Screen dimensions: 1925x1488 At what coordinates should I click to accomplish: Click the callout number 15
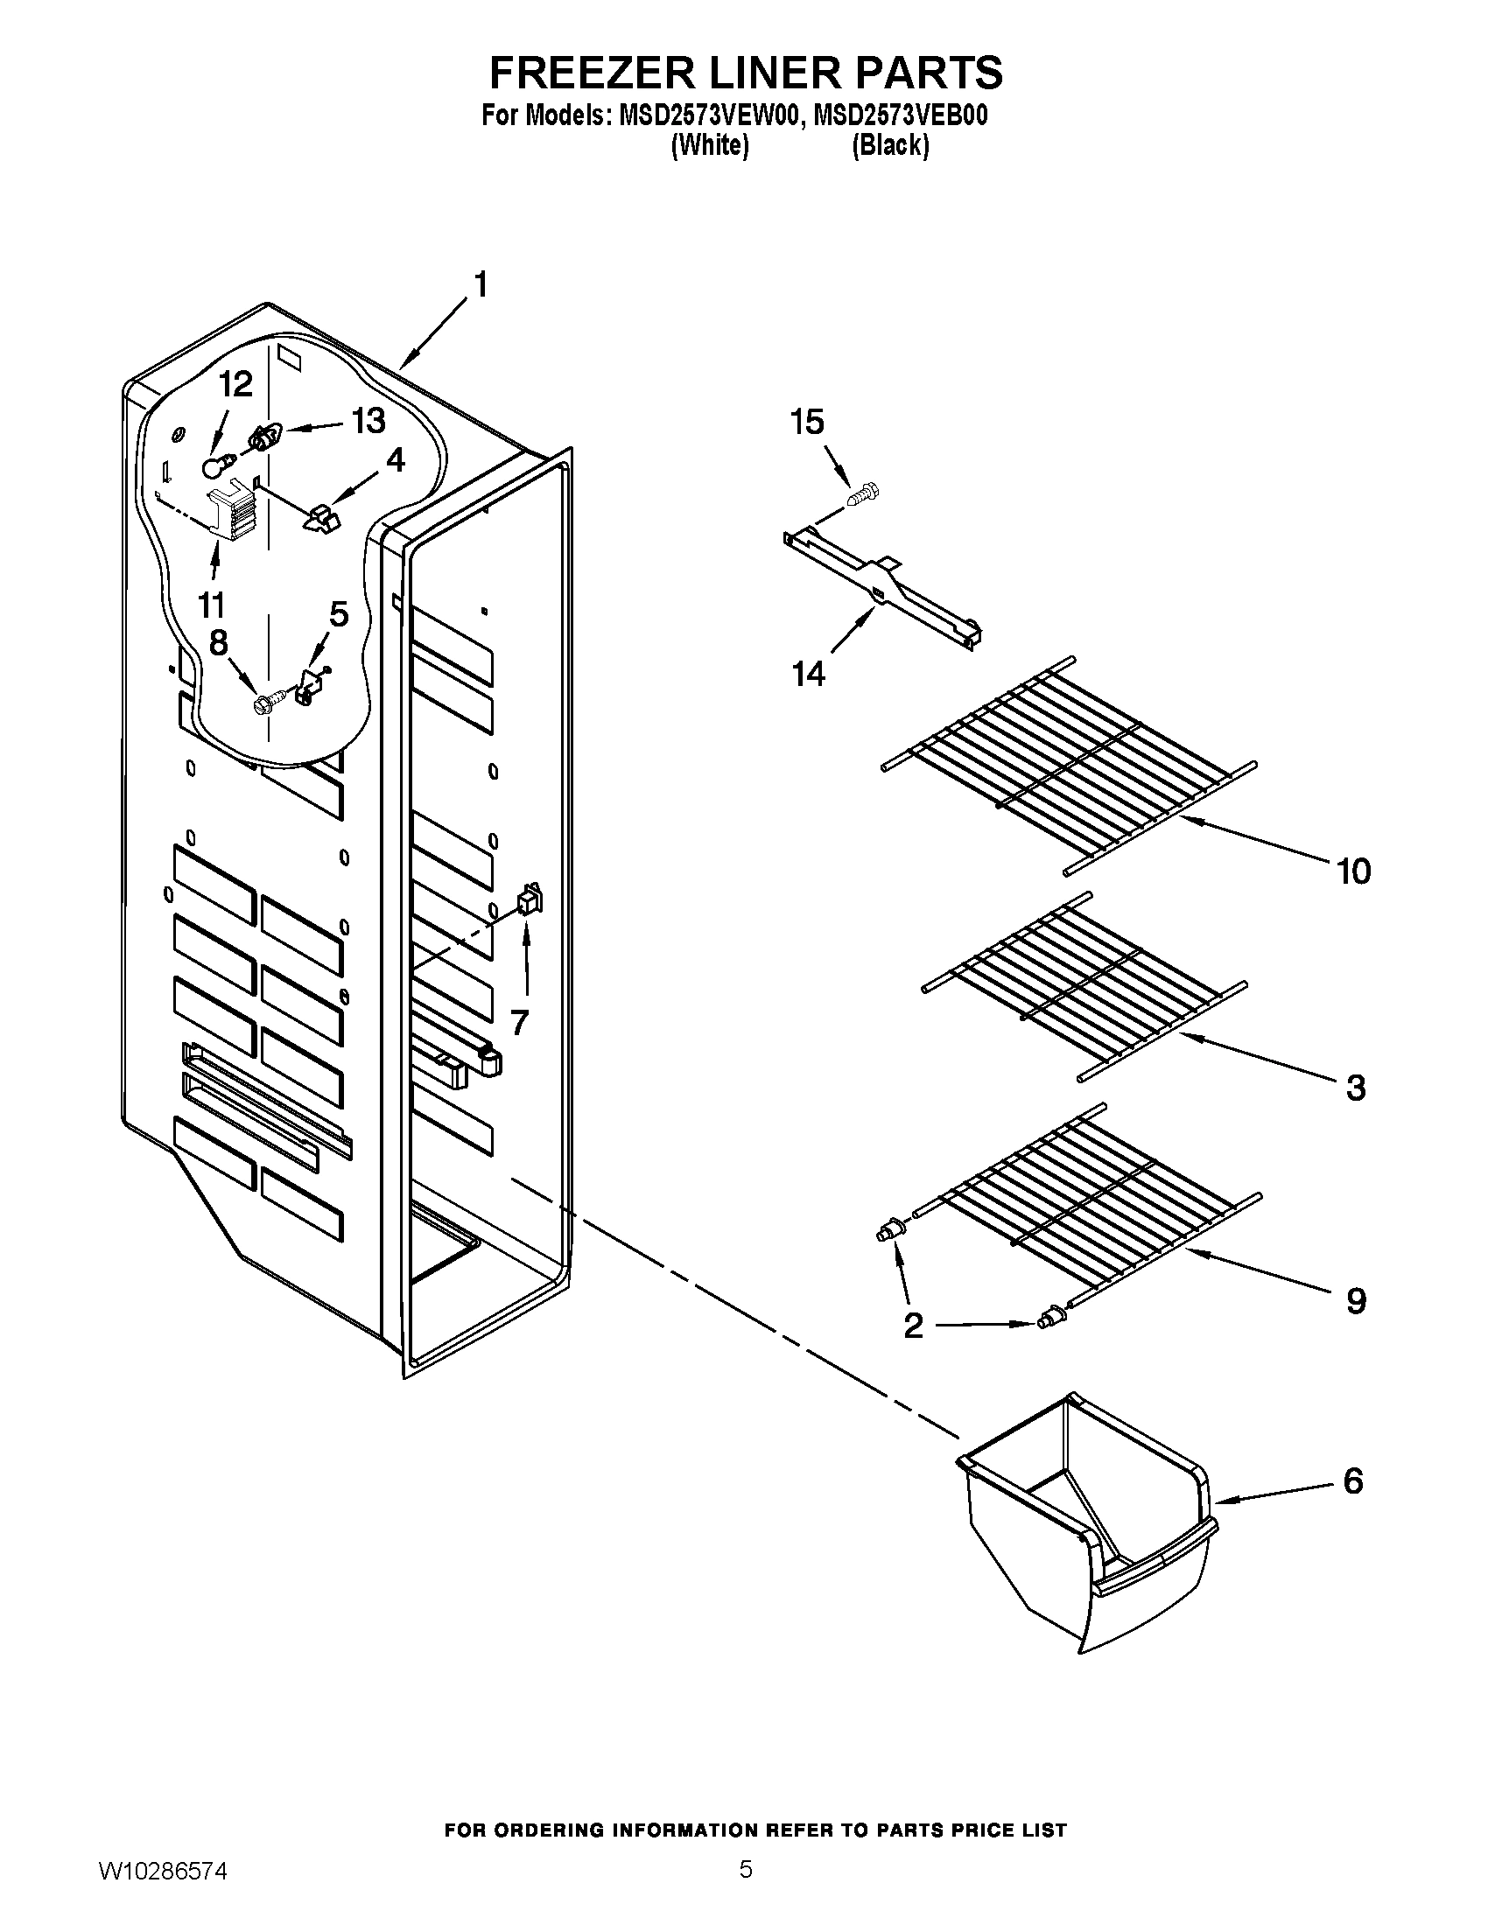(x=807, y=423)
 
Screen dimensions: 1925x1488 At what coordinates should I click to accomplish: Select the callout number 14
(x=809, y=674)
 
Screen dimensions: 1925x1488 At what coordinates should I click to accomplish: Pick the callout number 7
(x=519, y=1022)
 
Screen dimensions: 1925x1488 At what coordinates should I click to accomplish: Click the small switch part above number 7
(x=530, y=899)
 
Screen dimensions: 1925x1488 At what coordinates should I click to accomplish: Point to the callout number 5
(x=339, y=613)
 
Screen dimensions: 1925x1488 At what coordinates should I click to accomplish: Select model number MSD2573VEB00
(x=900, y=116)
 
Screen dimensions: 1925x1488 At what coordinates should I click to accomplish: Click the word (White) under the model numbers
(x=710, y=145)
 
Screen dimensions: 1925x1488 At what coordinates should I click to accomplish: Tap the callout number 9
(x=1356, y=1300)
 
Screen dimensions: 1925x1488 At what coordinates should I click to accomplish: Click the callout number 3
(x=1356, y=1087)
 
